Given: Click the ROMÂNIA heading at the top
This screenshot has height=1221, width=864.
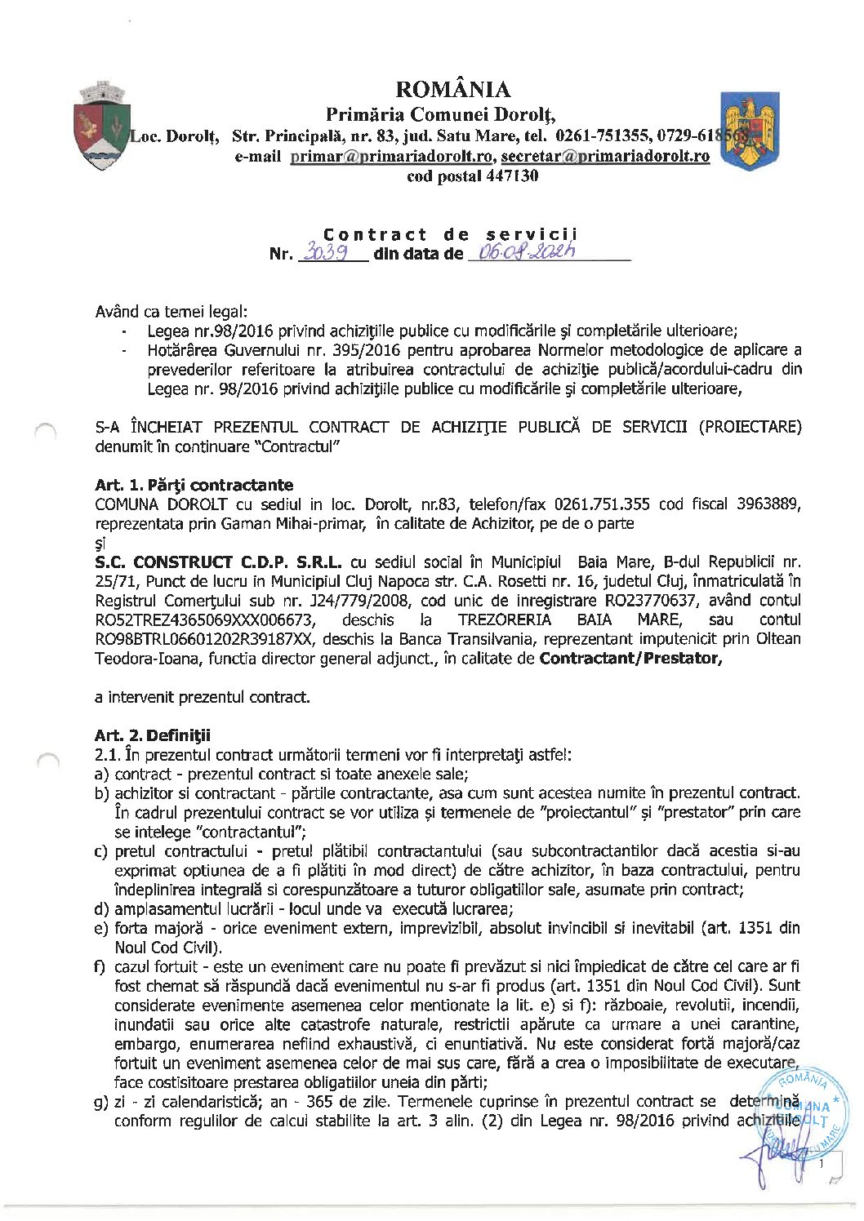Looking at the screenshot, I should click(x=452, y=89).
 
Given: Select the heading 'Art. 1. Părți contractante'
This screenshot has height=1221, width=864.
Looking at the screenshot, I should click(x=194, y=485).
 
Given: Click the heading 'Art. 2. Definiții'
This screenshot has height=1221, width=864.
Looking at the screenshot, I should click(x=152, y=735).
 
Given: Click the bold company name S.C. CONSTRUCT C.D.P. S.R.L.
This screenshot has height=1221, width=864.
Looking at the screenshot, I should click(x=218, y=562).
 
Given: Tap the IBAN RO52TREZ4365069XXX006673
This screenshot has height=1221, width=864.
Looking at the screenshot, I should click(x=204, y=620).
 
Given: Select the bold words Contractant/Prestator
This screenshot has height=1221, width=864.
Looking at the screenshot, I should click(x=630, y=659).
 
